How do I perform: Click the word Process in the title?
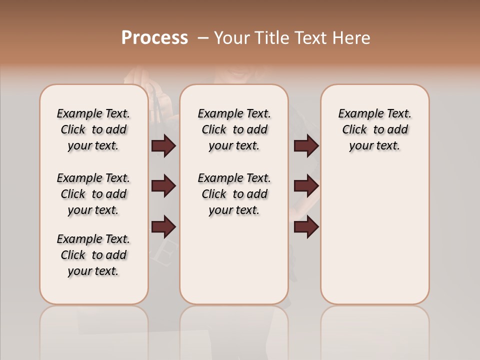[154, 37]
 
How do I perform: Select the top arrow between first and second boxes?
[163, 145]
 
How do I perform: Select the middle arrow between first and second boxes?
[163, 186]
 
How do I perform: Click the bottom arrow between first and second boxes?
[163, 226]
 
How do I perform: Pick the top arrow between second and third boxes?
[306, 145]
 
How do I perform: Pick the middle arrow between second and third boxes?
[306, 186]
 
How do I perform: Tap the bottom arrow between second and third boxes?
[306, 226]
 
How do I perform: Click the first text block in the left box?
[93, 129]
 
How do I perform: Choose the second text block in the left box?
[93, 194]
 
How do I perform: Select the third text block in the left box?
[93, 255]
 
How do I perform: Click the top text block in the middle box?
[234, 129]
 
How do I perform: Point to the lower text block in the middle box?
[234, 194]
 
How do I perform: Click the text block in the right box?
[375, 129]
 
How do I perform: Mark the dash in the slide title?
[203, 38]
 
